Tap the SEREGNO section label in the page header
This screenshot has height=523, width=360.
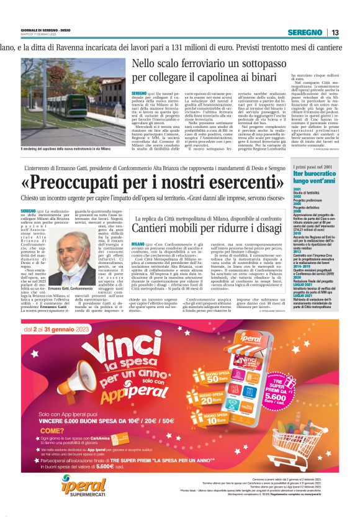pyautogui.click(x=309, y=32)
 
